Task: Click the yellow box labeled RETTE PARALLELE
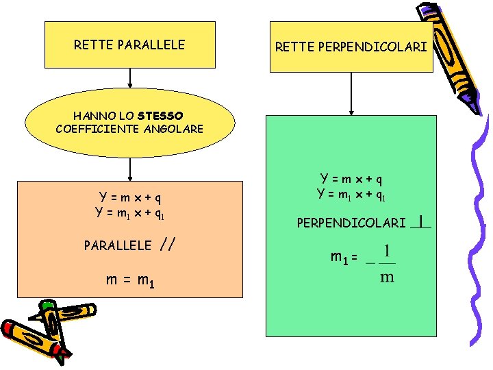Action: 129,45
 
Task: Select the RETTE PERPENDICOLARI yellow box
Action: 351,47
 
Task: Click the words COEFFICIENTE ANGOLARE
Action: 129,128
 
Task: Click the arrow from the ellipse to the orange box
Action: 129,169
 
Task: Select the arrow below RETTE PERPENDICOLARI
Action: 351,93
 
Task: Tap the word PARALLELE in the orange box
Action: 117,245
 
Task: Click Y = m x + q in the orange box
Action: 130,199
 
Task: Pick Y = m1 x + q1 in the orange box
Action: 130,212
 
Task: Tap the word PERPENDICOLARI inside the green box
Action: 351,223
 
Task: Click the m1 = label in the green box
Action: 344,258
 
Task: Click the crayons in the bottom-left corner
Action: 37,332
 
